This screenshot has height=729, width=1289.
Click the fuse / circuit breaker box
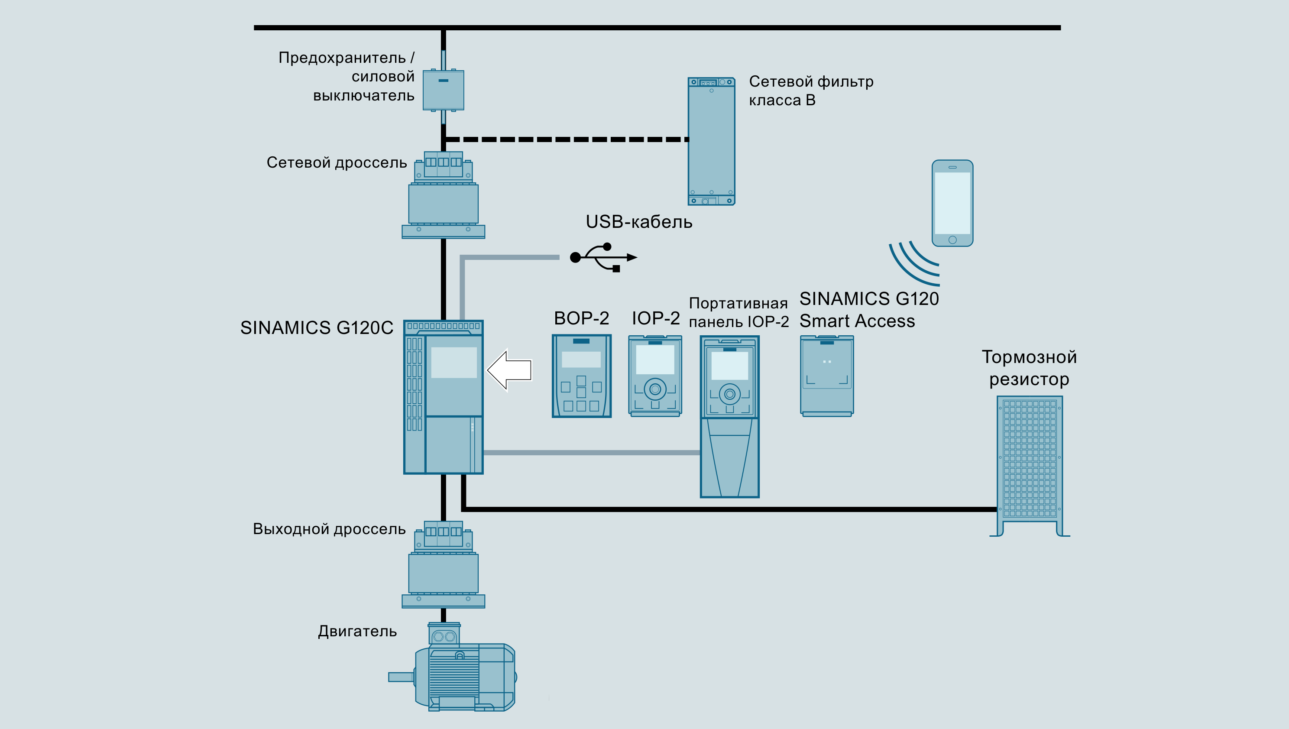443,90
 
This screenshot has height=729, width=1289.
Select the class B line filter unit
711,142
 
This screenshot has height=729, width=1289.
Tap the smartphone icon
952,203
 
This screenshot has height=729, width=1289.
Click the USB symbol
603,257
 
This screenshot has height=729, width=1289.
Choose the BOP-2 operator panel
581,376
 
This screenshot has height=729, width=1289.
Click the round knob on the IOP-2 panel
655,389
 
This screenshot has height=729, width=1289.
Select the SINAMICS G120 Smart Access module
827,376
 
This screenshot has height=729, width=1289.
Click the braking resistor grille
1029,458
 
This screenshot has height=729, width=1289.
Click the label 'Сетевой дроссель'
337,163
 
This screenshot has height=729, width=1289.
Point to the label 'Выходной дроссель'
329,529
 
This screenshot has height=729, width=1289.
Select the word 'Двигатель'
357,632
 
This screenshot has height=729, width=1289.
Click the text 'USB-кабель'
639,222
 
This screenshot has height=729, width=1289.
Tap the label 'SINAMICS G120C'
316,327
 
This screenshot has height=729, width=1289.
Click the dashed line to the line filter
566,139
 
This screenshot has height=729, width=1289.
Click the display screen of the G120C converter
453,363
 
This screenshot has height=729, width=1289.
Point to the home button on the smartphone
952,240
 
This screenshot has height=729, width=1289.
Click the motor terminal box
444,635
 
